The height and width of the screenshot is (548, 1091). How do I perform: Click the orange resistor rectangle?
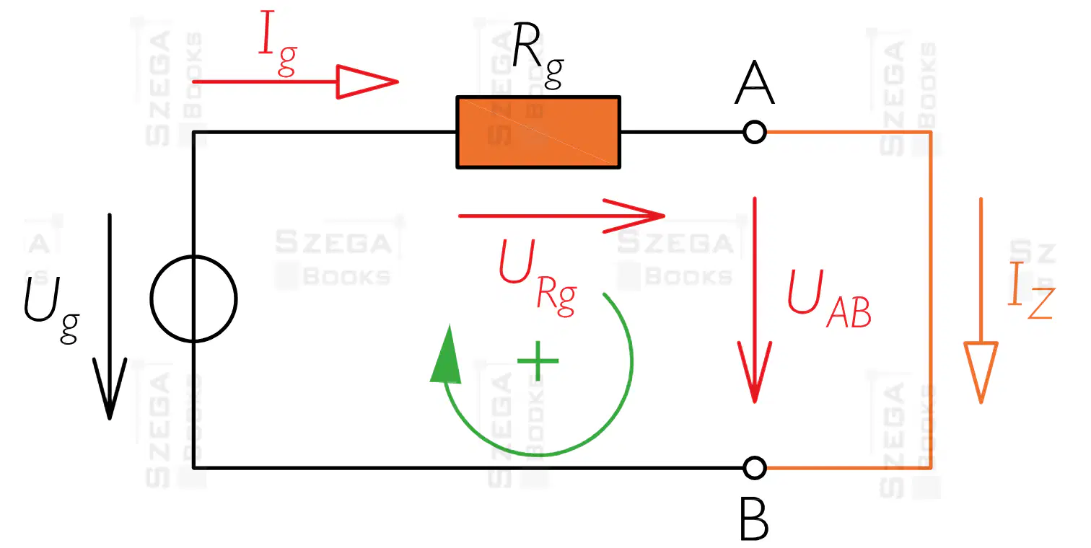point(538,133)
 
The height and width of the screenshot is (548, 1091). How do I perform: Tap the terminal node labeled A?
point(755,132)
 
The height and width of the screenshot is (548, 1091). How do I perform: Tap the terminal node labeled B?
point(755,468)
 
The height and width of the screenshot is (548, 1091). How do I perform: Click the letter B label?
point(754,519)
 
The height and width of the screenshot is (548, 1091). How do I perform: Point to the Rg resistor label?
point(538,55)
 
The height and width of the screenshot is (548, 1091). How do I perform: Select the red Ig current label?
point(278,44)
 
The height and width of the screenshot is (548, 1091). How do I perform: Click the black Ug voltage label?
point(52,309)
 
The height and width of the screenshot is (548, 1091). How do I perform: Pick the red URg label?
point(538,278)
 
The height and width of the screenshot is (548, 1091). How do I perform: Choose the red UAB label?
point(829,299)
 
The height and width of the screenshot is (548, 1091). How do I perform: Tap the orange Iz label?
point(1032,290)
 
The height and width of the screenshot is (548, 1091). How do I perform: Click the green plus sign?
point(538,361)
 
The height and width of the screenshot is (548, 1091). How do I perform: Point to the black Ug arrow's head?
point(110,389)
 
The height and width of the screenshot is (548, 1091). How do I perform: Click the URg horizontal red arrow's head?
point(634,216)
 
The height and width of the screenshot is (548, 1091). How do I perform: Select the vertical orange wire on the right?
point(932,300)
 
